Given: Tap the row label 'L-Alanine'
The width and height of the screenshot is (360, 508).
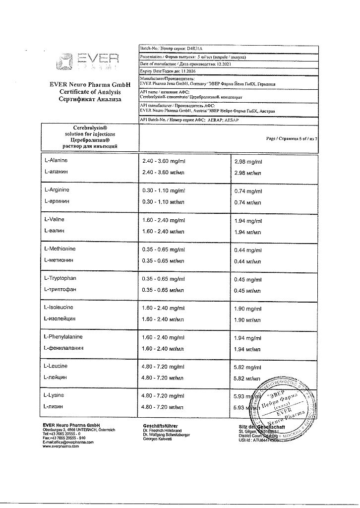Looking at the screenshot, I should coord(56,161).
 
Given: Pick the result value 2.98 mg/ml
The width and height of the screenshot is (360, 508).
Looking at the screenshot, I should coord(248,162).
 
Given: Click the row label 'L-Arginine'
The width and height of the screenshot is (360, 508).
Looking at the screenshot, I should coord(57,190).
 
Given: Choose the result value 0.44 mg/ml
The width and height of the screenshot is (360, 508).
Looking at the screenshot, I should coord(248,250).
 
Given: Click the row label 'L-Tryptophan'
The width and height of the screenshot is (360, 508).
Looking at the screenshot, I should coord(60,278).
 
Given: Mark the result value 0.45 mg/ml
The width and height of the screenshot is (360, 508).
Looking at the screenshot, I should coord(248,279).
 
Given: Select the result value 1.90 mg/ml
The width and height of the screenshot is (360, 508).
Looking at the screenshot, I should coord(248,309).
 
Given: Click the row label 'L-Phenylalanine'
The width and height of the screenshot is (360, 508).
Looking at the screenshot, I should coord(63,337).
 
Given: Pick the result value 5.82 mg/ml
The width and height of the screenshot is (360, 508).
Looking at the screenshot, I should coord(248,367).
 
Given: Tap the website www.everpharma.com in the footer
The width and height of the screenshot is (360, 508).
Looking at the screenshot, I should coord(61,446).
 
